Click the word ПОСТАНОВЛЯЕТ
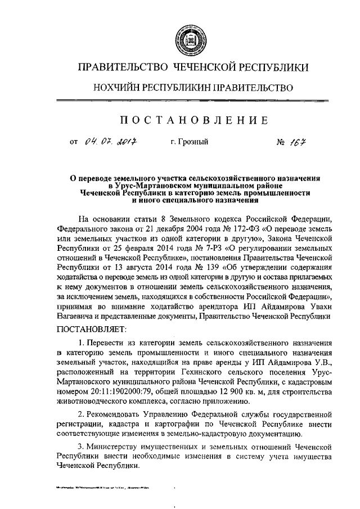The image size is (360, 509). tap(93, 328)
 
